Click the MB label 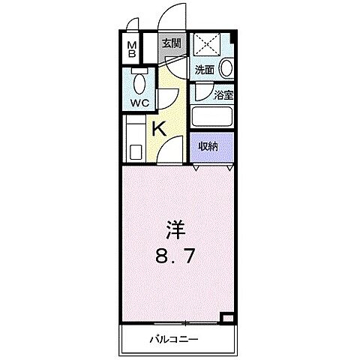coord(131,50)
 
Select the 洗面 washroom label coord(205,69)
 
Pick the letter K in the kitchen coord(159,128)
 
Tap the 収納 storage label coord(208,147)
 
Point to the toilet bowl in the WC coord(138,81)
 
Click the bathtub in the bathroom coord(212,116)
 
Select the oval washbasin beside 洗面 coord(226,67)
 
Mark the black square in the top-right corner coord(233,38)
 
